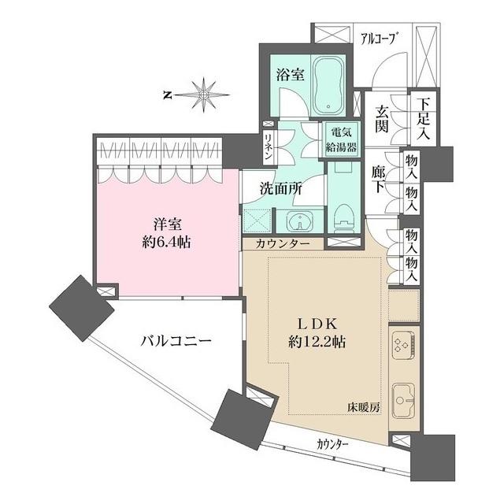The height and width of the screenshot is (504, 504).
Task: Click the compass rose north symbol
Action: tap(204, 95)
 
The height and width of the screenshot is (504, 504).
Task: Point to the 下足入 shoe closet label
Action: tap(424, 118)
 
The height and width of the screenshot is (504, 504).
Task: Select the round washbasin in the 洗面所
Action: tap(298, 220)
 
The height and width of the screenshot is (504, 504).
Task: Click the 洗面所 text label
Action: tap(281, 189)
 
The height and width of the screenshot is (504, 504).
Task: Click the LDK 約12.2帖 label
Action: tap(318, 332)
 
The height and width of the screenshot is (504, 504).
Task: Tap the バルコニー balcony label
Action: tap(176, 342)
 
